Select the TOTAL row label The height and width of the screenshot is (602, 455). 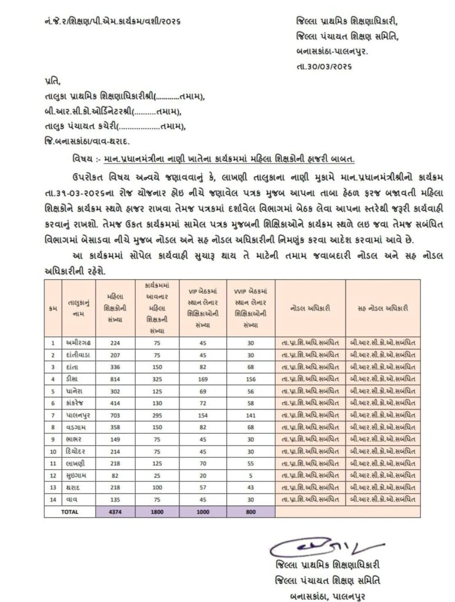pyautogui.click(x=70, y=511)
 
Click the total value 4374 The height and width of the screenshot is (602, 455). pyautogui.click(x=115, y=511)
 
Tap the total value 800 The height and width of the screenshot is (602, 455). pyautogui.click(x=250, y=511)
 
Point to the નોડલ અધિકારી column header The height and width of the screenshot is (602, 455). pyautogui.click(x=310, y=307)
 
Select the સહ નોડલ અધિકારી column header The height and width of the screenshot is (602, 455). pyautogui.click(x=383, y=307)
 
